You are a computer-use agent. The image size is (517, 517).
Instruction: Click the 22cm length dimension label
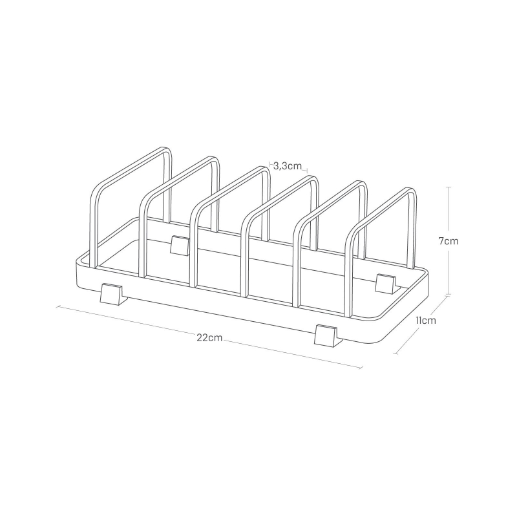click(209, 338)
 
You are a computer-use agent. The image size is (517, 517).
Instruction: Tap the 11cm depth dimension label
click(426, 320)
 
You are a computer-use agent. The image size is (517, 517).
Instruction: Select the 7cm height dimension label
click(448, 241)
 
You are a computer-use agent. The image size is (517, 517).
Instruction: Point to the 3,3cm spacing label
click(288, 166)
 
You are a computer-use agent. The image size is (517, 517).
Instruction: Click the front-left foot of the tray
click(114, 293)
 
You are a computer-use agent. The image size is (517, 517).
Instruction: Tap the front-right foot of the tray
click(328, 335)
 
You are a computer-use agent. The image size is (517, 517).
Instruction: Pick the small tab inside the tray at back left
click(180, 246)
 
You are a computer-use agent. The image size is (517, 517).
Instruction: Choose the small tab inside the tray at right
click(386, 283)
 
